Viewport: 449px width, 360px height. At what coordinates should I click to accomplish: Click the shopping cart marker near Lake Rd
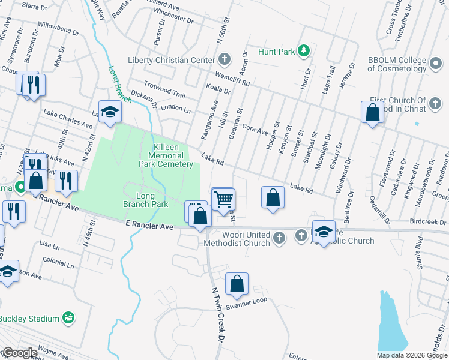tap(223, 199)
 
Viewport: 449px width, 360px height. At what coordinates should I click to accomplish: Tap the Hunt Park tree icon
tap(304, 52)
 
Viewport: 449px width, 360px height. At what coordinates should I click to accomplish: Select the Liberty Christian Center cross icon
tap(224, 60)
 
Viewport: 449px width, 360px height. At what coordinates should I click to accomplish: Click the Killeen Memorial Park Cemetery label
tap(166, 155)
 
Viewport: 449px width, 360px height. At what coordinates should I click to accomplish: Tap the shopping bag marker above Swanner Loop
tap(237, 283)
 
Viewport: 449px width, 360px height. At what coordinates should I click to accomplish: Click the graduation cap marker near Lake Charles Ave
tap(110, 112)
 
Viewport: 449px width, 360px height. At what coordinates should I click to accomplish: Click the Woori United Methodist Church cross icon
tap(279, 239)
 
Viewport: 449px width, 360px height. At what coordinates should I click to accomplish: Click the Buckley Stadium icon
tap(68, 318)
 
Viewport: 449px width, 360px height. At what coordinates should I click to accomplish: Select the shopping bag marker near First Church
tap(373, 112)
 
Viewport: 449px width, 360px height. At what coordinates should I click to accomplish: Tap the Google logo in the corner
tap(19, 353)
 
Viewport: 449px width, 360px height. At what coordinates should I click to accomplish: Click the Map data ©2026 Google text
tap(411, 355)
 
